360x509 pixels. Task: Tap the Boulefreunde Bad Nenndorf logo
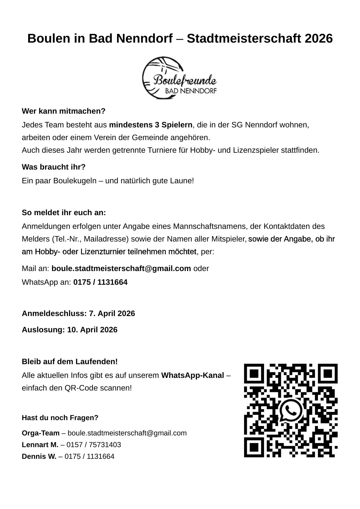pos(180,78)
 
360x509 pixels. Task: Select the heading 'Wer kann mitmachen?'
pos(64,111)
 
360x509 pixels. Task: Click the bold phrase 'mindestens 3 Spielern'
pos(151,125)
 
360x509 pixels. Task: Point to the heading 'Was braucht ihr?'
pos(54,167)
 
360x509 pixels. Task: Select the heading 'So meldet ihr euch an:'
pos(64,213)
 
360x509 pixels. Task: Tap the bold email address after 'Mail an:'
pos(121,268)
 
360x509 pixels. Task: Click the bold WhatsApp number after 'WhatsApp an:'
pos(100,282)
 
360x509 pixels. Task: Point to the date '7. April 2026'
pos(112,313)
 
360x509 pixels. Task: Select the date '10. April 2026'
pos(92,330)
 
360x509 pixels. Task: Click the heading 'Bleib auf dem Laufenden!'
pos(70,361)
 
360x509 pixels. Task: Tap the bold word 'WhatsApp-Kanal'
pos(193,375)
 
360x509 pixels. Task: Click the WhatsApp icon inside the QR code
pos(291,410)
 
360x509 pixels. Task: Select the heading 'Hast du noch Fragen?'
pos(60,418)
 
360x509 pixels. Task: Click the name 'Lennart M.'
pos(40,445)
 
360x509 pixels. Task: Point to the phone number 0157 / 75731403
pos(94,445)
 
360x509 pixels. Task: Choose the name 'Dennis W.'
pos(39,456)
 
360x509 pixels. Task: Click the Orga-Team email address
pos(127,433)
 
